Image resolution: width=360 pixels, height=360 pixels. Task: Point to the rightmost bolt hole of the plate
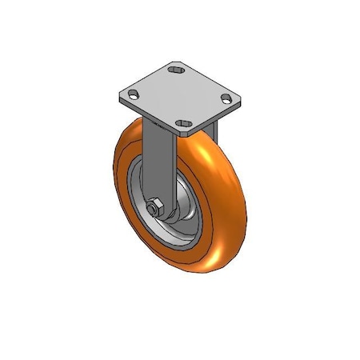pyautogui.click(x=227, y=100)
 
